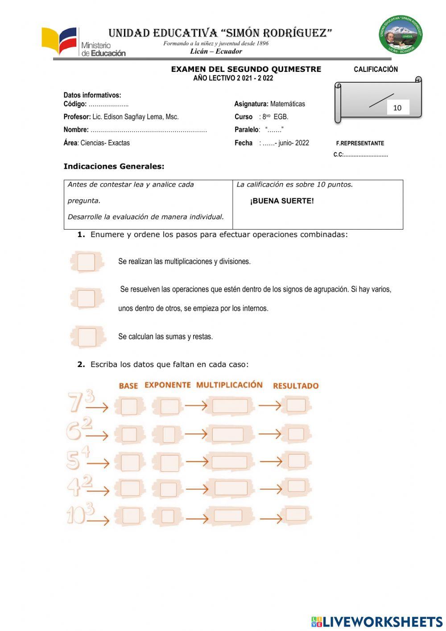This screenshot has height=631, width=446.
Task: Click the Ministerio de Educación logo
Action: click(x=83, y=42)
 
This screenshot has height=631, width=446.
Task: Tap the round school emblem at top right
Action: click(x=401, y=35)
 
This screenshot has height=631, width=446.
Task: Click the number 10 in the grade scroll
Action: click(x=397, y=108)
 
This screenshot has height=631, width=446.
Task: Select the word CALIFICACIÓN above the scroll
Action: click(x=376, y=69)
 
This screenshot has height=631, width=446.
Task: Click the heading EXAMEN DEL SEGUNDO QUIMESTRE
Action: click(x=246, y=69)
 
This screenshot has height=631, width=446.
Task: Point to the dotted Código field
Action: click(x=108, y=104)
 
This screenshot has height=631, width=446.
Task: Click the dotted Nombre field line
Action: click(x=148, y=130)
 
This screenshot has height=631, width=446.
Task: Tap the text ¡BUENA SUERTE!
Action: click(x=282, y=201)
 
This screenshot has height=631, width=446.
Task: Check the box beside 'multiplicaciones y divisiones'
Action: click(x=86, y=262)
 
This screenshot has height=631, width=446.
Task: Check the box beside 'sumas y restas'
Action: click(x=87, y=337)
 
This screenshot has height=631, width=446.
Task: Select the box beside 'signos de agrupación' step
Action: click(x=86, y=298)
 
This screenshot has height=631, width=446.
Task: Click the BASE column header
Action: click(x=128, y=386)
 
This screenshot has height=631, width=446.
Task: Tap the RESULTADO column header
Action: click(x=296, y=386)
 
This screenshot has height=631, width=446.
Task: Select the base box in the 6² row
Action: click(x=129, y=434)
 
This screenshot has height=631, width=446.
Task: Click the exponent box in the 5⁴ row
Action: click(x=169, y=463)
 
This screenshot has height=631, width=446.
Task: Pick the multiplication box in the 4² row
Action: click(x=231, y=488)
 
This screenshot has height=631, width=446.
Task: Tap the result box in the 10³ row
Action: click(x=296, y=514)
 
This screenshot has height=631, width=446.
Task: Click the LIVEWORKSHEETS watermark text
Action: click(x=382, y=622)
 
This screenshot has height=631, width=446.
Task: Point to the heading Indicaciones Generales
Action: click(x=114, y=167)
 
